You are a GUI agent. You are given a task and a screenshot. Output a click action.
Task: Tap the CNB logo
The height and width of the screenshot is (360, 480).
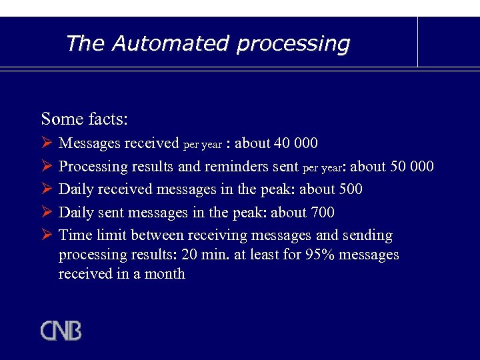pyautogui.click(x=61, y=331)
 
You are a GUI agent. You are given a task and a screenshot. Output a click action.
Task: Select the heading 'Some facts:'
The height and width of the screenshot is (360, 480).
pyautogui.click(x=84, y=119)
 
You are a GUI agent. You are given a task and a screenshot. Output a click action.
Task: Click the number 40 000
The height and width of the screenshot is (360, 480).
pyautogui.click(x=295, y=143)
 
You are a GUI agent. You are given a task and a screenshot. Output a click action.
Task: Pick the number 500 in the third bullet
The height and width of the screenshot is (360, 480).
pyautogui.click(x=350, y=189)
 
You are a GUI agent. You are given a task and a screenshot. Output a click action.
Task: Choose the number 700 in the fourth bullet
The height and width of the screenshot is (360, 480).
pyautogui.click(x=322, y=213)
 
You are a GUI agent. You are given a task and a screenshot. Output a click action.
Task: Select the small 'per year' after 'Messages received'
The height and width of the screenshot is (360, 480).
pyautogui.click(x=202, y=145)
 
